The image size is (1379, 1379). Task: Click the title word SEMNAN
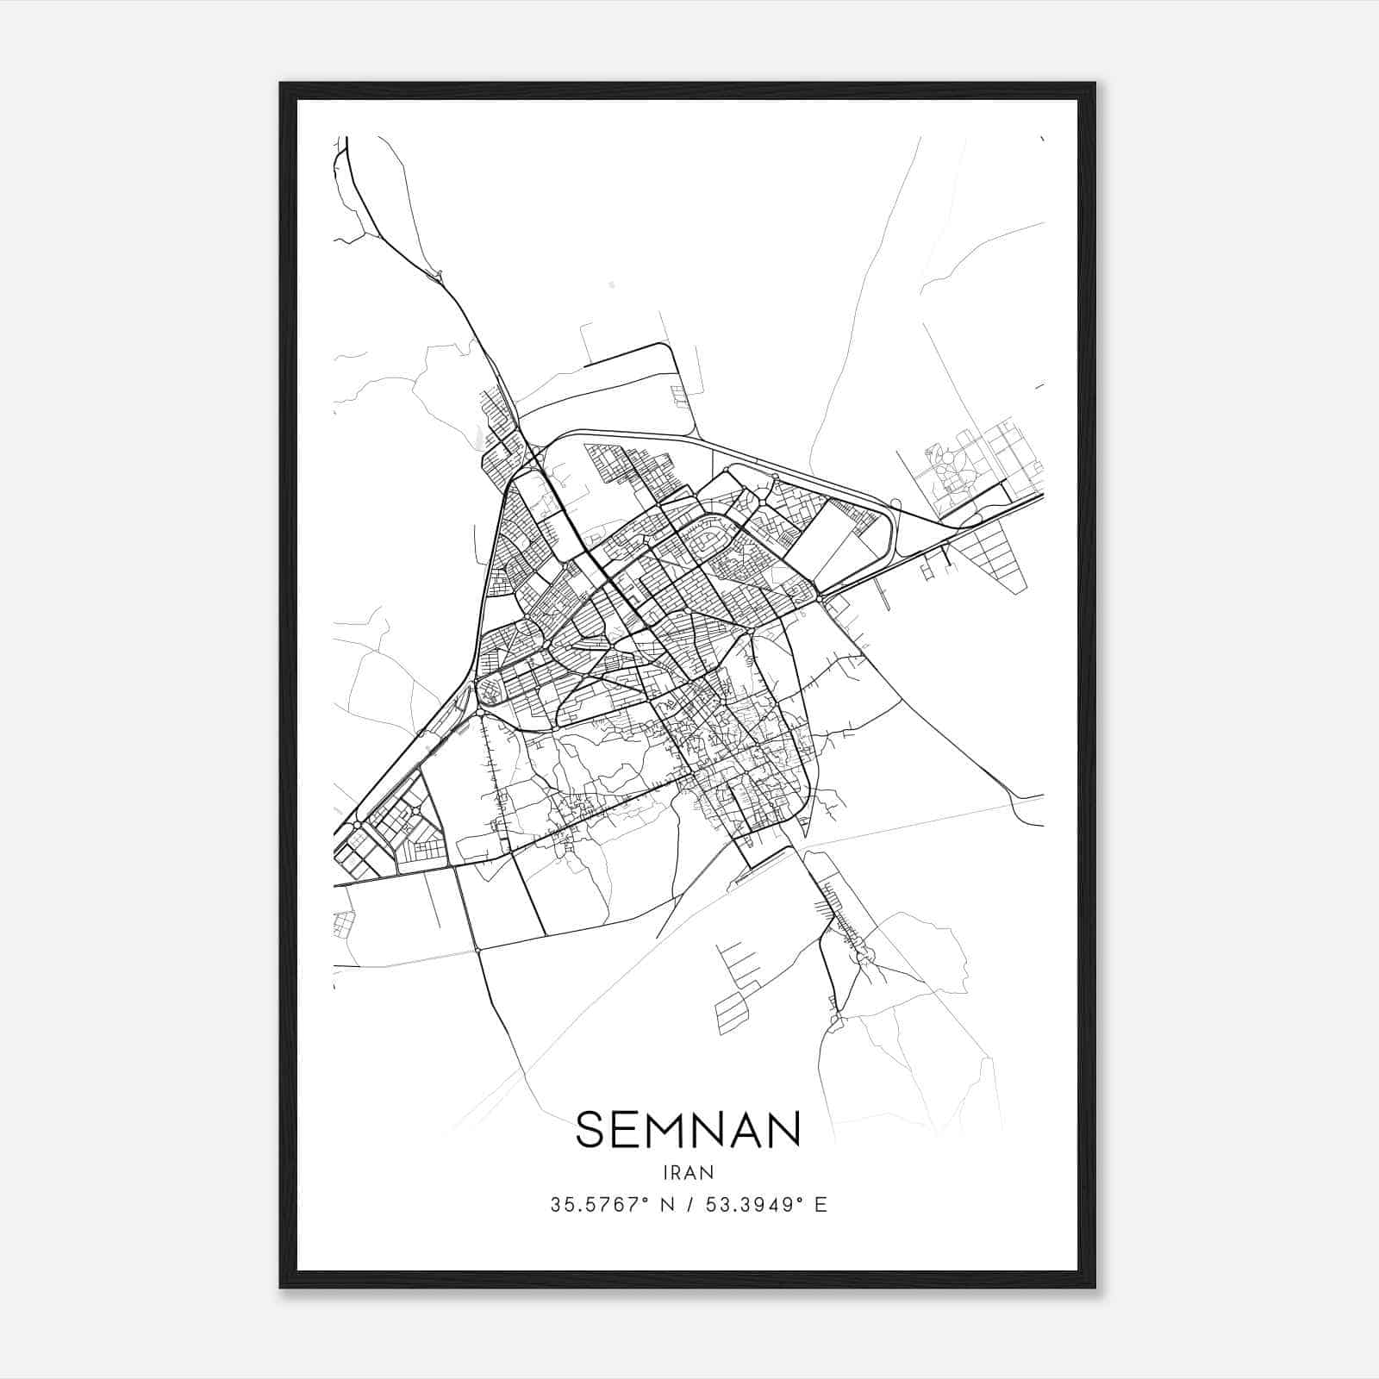(688, 1130)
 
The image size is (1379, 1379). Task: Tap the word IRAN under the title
(689, 1172)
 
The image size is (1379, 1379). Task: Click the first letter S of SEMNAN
(590, 1130)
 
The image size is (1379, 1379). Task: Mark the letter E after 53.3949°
(821, 1205)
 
